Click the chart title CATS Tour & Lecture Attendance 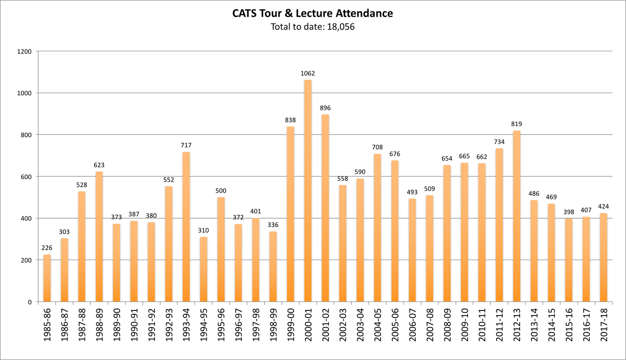point(313,13)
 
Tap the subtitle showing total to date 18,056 point(313,27)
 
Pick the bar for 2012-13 point(517,216)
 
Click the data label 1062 point(308,73)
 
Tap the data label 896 point(325,108)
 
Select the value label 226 point(47,248)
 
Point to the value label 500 point(221,191)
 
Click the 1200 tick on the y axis point(25,51)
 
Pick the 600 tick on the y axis point(27,176)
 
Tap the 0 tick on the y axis point(31,302)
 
